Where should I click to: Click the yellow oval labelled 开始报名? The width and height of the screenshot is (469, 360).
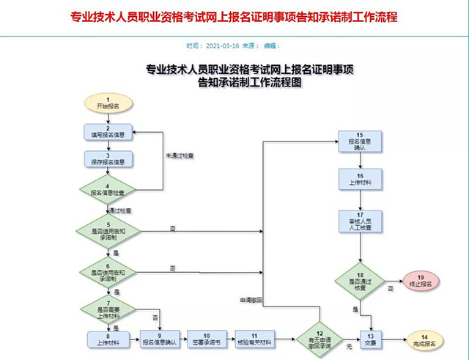tap(108, 103)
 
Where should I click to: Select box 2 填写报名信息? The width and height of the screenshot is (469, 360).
tap(108, 132)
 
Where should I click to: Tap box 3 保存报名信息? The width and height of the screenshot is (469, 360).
tap(108, 159)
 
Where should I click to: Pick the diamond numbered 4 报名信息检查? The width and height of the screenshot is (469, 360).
tap(108, 191)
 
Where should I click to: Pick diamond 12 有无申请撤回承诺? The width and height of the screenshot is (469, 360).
tap(319, 338)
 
